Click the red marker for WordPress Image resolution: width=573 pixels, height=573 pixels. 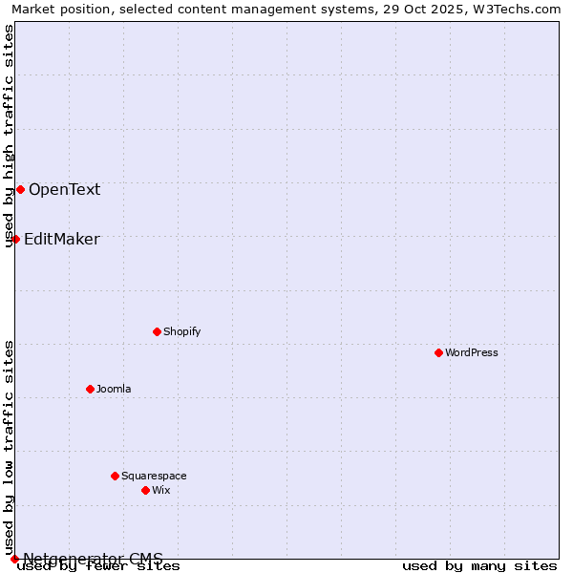click(x=438, y=352)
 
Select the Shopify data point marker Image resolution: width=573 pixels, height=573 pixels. click(x=157, y=331)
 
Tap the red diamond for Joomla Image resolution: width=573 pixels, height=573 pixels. click(x=90, y=389)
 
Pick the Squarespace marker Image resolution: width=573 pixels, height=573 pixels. click(x=115, y=476)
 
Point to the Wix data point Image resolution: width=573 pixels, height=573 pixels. click(x=145, y=490)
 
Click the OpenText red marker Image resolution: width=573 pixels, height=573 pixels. click(x=20, y=189)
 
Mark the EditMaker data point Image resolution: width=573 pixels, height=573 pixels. click(x=15, y=239)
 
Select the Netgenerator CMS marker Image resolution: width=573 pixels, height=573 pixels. click(x=14, y=559)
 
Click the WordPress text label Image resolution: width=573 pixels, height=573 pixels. click(x=472, y=352)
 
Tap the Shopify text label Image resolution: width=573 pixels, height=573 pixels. click(x=181, y=331)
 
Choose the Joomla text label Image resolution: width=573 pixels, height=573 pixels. click(x=114, y=389)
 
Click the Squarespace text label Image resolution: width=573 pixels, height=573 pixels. click(x=154, y=476)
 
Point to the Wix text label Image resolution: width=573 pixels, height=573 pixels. click(x=160, y=490)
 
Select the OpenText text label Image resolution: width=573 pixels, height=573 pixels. click(x=64, y=189)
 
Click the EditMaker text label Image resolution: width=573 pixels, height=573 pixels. click(x=61, y=239)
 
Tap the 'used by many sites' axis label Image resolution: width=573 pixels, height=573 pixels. click(x=479, y=565)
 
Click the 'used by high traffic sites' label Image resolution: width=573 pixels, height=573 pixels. click(x=9, y=136)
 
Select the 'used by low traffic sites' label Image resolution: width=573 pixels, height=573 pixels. click(x=9, y=447)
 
